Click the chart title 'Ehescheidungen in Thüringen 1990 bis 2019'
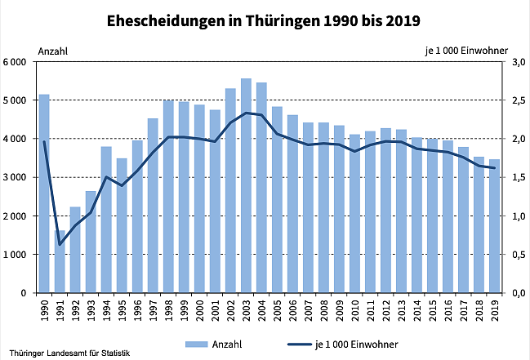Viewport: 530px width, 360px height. (265, 19)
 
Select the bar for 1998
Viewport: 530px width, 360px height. (168, 197)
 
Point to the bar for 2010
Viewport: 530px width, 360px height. (354, 214)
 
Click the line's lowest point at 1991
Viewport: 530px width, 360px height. (60, 244)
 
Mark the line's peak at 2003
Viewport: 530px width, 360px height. (246, 113)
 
